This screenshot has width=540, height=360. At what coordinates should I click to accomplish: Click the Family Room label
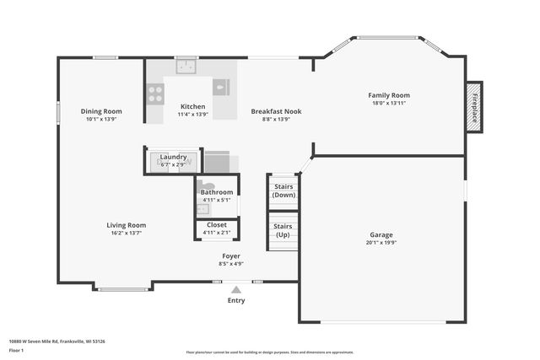pos(388,95)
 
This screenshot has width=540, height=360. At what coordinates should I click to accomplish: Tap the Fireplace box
pos(474,107)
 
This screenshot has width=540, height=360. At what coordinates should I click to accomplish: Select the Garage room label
pos(381,234)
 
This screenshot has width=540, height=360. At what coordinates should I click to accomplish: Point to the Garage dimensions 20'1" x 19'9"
pos(381,243)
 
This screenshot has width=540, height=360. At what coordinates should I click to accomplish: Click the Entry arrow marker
pos(236,289)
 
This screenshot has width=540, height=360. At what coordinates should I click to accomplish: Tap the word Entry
pos(236,300)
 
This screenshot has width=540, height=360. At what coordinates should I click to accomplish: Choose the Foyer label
pos(231,255)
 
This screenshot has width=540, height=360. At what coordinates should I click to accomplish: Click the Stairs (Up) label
pos(283,230)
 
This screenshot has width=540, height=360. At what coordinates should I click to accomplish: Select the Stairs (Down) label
pos(283,191)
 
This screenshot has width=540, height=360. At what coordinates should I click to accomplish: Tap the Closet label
pos(216,224)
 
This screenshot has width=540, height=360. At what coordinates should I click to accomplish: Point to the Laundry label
pos(173,157)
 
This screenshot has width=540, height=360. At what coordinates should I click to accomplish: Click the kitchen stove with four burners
pos(155,94)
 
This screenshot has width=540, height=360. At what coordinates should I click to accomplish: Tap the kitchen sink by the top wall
pos(186,66)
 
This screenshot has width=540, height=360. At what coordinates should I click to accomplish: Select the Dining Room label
pos(101,111)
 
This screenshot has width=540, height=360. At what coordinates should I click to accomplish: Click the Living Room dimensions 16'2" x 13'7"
pos(127,234)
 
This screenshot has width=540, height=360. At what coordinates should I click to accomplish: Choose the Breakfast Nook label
pos(276,111)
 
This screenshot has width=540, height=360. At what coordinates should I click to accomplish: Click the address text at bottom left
pos(57,341)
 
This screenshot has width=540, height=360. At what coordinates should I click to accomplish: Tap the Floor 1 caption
pos(17,350)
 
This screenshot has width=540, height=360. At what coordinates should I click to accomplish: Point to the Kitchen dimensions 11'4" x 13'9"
pos(193,119)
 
